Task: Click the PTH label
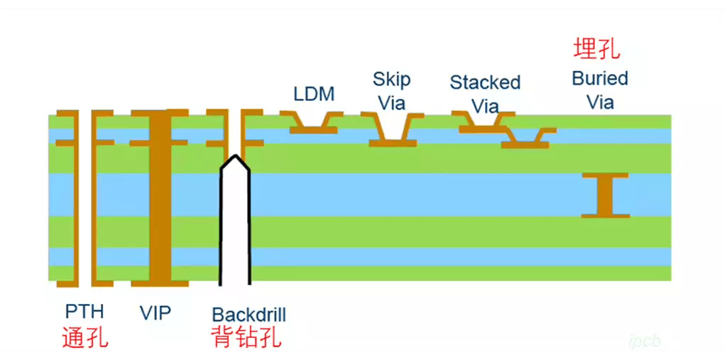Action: (84, 312)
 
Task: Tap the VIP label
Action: (155, 312)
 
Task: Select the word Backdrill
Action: (249, 315)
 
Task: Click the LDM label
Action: (314, 94)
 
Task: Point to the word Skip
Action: (392, 79)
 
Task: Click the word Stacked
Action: (485, 82)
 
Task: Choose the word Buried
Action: (600, 78)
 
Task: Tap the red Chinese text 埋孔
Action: (596, 49)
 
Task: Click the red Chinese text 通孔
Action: (85, 337)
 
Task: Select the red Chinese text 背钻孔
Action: (246, 337)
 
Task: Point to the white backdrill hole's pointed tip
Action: (235, 160)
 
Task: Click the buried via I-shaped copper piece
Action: (606, 195)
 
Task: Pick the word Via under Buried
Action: (600, 102)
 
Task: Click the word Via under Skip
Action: (392, 103)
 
